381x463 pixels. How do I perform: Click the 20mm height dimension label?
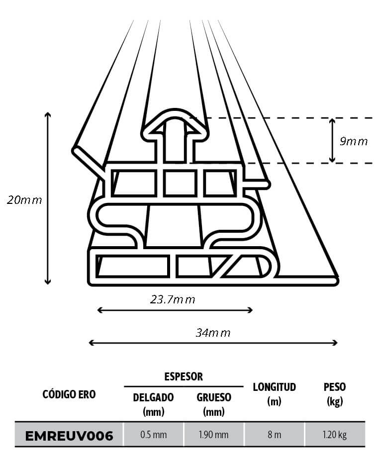[24, 200]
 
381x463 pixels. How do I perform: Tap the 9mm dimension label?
[354, 141]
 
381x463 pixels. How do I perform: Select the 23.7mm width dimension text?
[173, 299]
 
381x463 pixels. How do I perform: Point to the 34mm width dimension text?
[213, 333]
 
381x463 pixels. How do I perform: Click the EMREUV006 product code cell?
[69, 436]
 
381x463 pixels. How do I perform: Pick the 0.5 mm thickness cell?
[153, 435]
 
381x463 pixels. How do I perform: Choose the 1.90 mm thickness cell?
[213, 435]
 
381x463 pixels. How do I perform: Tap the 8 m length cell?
[274, 435]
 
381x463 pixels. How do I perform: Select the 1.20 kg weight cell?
[334, 435]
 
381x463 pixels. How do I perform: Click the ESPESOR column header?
[184, 376]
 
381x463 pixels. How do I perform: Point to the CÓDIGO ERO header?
[69, 394]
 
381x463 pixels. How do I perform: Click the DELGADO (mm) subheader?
[153, 404]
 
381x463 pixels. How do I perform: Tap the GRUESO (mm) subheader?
[213, 404]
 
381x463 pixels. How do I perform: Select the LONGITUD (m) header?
[274, 394]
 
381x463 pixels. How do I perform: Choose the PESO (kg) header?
[334, 394]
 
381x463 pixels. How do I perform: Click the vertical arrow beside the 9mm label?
[332, 140]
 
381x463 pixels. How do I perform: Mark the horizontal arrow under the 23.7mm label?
[175, 310]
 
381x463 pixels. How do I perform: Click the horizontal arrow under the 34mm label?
[213, 343]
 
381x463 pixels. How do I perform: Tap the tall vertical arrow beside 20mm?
[48, 198]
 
